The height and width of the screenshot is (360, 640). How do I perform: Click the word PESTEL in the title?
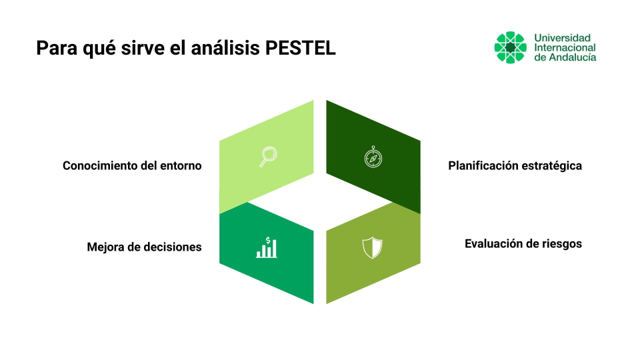(x=301, y=48)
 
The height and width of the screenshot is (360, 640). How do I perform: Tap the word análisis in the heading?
(x=225, y=48)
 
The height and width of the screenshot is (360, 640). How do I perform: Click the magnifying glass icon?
(x=268, y=156)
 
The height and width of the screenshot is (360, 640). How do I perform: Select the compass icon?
(x=373, y=157)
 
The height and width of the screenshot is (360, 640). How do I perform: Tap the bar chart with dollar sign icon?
(x=267, y=247)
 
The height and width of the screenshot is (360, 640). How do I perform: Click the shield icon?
(x=372, y=247)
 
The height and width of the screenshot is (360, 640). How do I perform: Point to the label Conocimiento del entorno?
(x=132, y=166)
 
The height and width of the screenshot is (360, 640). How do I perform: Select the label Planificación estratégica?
(x=515, y=166)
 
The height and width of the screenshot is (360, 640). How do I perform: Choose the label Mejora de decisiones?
(x=145, y=247)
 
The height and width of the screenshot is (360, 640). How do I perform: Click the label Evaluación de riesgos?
(x=523, y=244)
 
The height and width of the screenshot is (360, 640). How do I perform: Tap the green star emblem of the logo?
(x=510, y=47)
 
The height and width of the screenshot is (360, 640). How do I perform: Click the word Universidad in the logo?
(x=563, y=38)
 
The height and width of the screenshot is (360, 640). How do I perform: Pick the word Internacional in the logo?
(x=565, y=48)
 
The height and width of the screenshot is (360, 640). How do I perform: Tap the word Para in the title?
(x=57, y=48)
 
